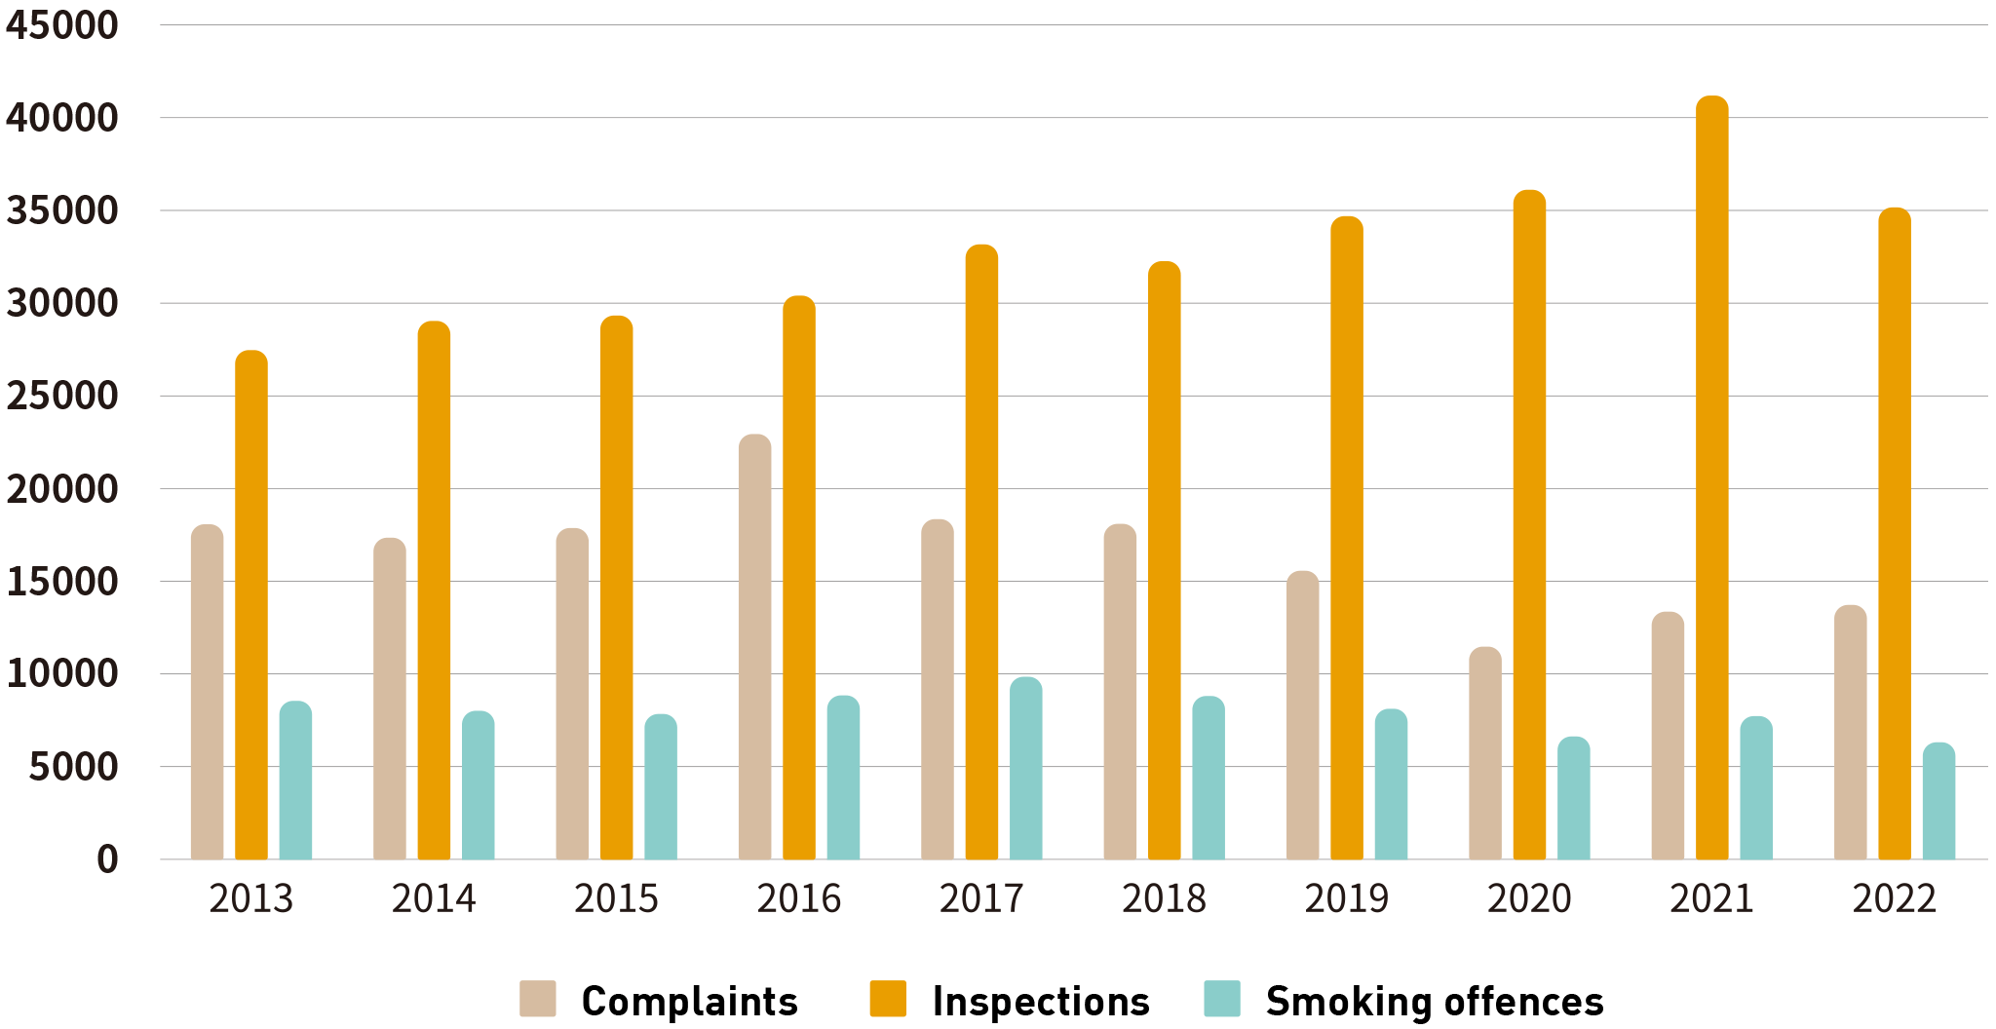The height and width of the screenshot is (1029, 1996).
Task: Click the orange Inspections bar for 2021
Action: (x=1711, y=477)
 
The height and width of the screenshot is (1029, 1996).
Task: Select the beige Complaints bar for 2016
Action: (x=754, y=647)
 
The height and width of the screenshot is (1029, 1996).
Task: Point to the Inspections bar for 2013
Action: (x=251, y=604)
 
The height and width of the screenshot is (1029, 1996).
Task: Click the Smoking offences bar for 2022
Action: (x=1938, y=801)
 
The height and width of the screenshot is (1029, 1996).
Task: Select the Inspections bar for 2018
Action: (x=1164, y=560)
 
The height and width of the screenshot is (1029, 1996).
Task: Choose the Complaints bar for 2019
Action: (x=1302, y=715)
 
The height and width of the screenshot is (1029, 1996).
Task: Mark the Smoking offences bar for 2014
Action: (x=478, y=785)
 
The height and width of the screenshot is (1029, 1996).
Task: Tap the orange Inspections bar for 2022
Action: (x=1894, y=534)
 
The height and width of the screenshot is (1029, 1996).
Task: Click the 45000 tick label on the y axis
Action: (x=62, y=26)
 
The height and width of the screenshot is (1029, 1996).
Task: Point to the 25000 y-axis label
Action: (x=62, y=397)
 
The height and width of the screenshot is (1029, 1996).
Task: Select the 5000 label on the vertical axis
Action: (x=73, y=768)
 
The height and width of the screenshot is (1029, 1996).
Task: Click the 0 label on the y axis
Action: (x=107, y=859)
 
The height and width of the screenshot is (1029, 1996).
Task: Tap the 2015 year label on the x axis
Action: (x=616, y=898)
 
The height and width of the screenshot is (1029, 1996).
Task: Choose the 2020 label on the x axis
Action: (x=1529, y=898)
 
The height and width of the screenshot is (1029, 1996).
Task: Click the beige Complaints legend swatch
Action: (x=538, y=999)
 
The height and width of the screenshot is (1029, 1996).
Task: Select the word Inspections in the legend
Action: (x=1041, y=1002)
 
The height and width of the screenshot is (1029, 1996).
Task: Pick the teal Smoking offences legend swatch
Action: (x=1222, y=999)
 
